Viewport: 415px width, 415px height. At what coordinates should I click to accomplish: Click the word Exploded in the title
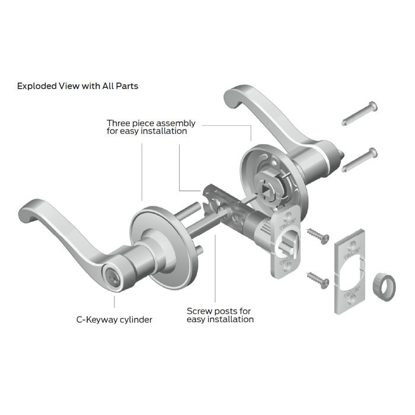[35, 86]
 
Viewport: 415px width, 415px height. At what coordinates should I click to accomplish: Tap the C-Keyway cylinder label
[114, 320]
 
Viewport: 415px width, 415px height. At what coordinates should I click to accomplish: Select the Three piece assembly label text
[151, 127]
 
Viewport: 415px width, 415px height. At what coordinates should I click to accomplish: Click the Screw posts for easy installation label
[220, 315]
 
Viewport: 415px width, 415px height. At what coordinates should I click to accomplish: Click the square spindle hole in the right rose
[265, 189]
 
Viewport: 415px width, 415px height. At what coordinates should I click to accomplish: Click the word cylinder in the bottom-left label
[133, 320]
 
